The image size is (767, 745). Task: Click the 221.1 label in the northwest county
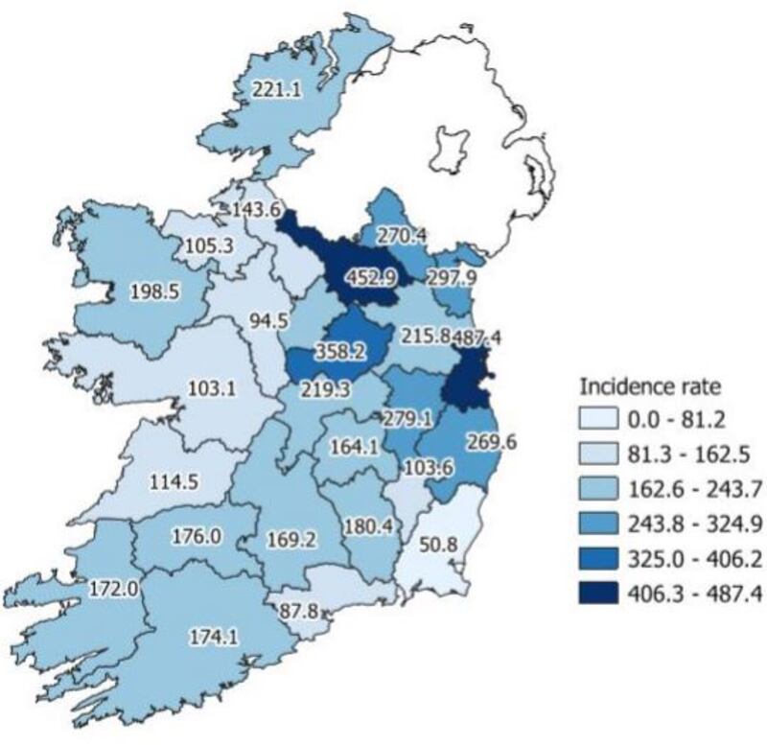tap(277, 89)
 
